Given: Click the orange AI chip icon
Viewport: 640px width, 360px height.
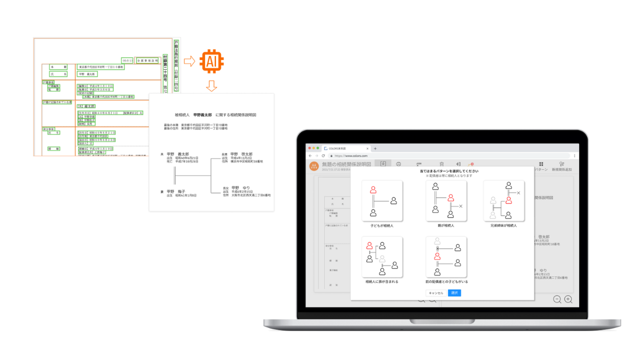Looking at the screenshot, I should [x=211, y=61].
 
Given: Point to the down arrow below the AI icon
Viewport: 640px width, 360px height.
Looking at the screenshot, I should [x=211, y=86].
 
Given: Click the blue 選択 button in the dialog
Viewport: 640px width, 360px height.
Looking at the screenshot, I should [x=454, y=293].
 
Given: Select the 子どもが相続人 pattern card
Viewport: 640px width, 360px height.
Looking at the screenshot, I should [x=382, y=200].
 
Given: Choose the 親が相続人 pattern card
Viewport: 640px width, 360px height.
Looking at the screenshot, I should [x=446, y=200].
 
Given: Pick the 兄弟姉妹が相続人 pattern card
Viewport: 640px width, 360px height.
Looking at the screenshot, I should [x=503, y=200].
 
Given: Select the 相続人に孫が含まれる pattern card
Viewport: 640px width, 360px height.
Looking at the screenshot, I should [x=382, y=257].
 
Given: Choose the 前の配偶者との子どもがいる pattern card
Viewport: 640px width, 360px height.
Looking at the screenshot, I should [x=446, y=257].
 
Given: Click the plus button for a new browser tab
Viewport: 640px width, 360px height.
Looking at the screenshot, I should [x=375, y=148].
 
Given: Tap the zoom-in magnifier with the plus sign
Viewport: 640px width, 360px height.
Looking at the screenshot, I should [x=568, y=299].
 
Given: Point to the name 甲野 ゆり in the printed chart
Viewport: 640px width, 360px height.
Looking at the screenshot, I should [x=240, y=187].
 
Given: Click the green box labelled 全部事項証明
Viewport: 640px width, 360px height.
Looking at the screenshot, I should [x=148, y=60].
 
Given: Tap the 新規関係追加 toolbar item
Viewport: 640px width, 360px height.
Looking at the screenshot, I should [x=561, y=166].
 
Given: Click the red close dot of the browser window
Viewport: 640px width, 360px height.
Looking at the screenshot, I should [x=310, y=148].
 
